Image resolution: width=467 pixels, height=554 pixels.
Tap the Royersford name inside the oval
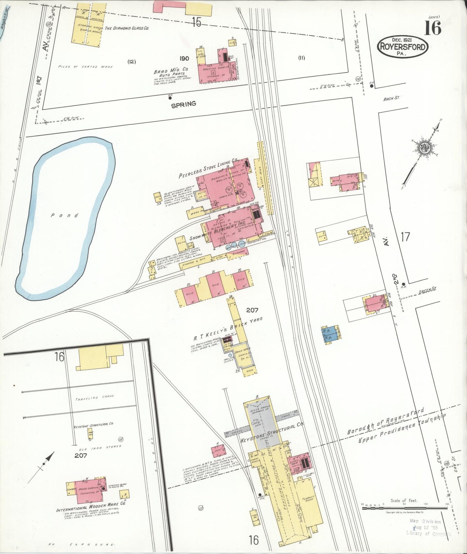(x=403, y=47)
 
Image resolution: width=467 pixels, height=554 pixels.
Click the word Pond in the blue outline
(x=65, y=215)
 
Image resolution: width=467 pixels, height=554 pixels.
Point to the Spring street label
(x=184, y=104)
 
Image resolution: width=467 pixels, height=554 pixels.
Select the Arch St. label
(x=391, y=98)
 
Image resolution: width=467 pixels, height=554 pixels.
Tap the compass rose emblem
(x=424, y=148)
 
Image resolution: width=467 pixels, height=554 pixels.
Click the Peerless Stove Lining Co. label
(x=208, y=168)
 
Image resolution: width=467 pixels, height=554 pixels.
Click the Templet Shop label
(x=308, y=498)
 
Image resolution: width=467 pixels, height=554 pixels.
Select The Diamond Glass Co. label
(x=126, y=28)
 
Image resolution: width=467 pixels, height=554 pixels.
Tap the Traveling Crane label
(x=94, y=398)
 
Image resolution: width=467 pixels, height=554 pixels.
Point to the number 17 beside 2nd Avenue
(x=405, y=237)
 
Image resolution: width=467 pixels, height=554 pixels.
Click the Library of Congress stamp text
(x=429, y=533)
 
